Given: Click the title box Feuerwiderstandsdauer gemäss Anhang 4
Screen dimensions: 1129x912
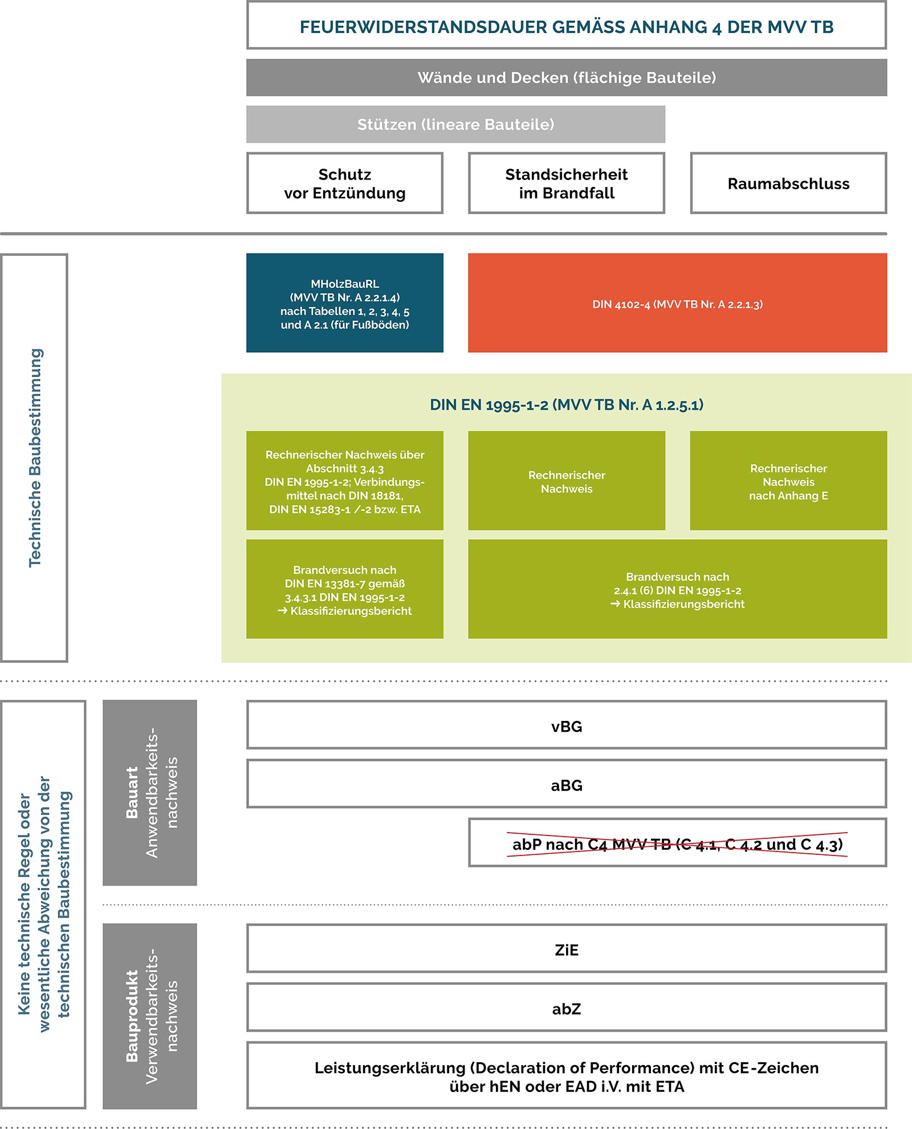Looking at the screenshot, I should coord(566,26).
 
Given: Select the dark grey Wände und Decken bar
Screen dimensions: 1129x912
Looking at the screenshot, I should coord(566,78).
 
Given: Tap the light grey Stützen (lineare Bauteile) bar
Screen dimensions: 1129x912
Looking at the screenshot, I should coord(455,124).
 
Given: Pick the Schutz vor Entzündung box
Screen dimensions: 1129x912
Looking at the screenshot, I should coord(345,183).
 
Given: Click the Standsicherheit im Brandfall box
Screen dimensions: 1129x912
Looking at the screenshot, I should coord(566,183).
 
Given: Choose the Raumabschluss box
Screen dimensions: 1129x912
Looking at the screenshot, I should coord(788,183).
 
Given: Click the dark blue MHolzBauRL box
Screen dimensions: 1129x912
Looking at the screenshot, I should coord(345,303).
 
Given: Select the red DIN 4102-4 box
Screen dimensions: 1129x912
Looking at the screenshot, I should coord(677,303).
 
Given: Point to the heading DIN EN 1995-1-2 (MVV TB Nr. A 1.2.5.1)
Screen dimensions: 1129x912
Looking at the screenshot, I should coord(566,405).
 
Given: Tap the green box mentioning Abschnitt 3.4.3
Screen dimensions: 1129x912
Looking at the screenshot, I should coord(345,481).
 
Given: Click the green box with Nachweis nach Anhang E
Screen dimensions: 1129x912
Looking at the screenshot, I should coord(788,481).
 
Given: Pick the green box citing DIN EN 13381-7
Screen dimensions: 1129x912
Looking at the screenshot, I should coord(345,589).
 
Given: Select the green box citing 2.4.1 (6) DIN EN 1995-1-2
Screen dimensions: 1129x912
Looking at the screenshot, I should coord(677,589).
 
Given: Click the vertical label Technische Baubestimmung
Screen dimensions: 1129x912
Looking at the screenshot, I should coord(35,458).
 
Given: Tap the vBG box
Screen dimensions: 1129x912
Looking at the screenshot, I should coord(566,726).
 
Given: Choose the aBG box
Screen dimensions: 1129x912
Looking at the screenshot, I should coord(566,784).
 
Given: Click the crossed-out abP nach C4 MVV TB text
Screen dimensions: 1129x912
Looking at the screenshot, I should coord(677,843).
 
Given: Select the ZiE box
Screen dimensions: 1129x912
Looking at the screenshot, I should coord(566,949).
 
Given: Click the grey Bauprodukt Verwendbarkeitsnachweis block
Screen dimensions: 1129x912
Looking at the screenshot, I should coord(150,1016).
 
